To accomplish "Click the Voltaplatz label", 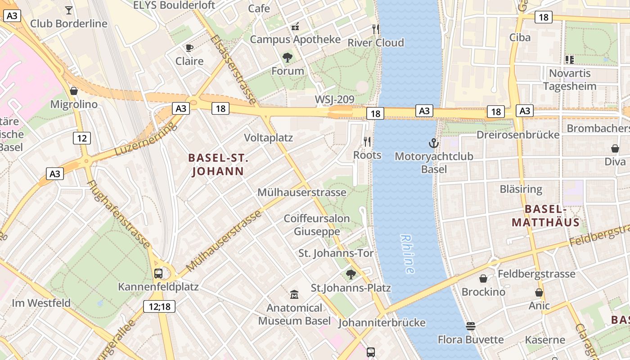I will point(268,138).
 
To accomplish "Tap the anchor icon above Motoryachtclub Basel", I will point(433,144).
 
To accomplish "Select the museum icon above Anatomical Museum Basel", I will point(294,295).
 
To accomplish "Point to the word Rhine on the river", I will point(407,254).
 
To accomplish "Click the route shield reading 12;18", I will point(159,307).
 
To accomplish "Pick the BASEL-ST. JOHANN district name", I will point(218,165).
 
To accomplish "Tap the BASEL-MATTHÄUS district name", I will point(545,216).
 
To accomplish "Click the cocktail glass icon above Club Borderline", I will point(69,10).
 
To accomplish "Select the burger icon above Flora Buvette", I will point(471,326).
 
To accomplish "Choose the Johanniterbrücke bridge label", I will point(382,323).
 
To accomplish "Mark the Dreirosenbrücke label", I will point(518,135).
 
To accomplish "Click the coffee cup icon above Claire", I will point(189,48).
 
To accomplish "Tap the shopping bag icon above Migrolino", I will point(74,91).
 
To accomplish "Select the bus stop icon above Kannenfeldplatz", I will point(158,273).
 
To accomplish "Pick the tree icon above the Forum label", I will point(288,58).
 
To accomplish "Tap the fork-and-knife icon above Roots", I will point(367,142).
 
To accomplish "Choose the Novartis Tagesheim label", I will point(570,79).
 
